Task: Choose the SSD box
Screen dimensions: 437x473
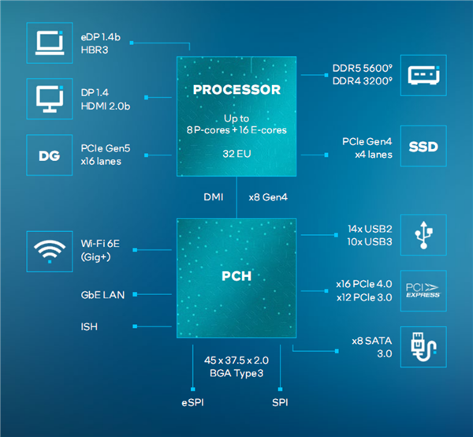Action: pos(423,148)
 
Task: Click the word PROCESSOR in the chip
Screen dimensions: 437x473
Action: pos(236,90)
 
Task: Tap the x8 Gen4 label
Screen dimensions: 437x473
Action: pos(270,197)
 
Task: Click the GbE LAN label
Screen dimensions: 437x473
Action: pos(102,294)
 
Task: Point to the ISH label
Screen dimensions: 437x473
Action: pos(89,326)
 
